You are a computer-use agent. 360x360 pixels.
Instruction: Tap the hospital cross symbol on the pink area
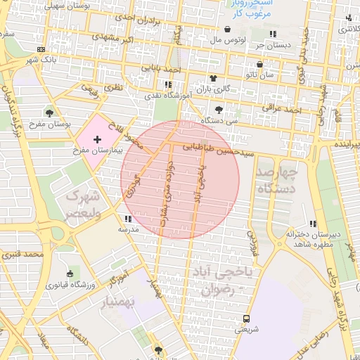pos(97,141)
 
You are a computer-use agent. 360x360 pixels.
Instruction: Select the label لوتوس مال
pos(227,41)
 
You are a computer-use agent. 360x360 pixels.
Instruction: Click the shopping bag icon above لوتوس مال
pos(228,30)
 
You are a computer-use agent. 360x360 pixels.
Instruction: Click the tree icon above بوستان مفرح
pos(49,113)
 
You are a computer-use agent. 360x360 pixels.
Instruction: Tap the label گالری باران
pos(212,89)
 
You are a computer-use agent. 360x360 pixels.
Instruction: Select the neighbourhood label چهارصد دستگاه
pos(278,180)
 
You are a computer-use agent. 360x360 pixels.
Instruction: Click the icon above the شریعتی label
pos(245,318)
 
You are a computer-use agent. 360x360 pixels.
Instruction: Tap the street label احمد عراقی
pos(281,109)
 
